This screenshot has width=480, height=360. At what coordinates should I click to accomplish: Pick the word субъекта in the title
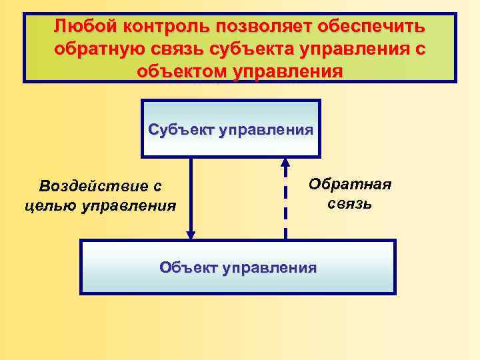(261, 49)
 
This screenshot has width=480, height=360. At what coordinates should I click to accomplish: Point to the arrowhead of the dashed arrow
(285, 162)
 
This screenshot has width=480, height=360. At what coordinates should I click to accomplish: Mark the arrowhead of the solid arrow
(191, 235)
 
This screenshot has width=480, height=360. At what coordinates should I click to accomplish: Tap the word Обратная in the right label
(350, 185)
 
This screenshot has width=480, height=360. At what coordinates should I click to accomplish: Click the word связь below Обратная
(350, 203)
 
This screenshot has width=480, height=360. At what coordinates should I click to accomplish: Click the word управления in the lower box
(269, 268)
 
